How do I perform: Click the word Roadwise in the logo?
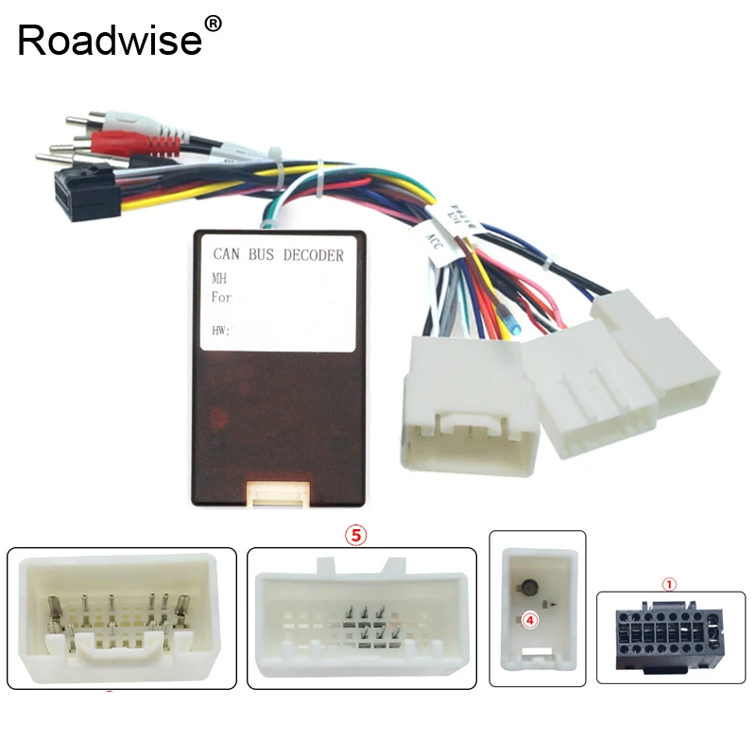coord(110,40)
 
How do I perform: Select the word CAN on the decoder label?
coord(228,254)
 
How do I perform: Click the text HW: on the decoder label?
coord(223,332)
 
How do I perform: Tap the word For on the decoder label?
coord(222,298)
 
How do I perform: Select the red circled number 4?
coord(530,621)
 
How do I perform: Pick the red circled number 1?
coord(669,584)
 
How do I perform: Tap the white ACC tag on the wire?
coord(436,231)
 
